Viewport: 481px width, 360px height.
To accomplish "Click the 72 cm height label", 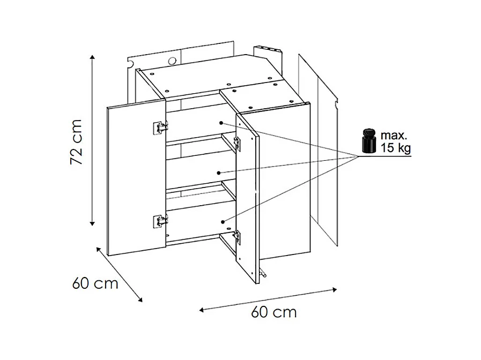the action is coord(76,142).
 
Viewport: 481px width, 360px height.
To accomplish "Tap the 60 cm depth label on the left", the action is coord(95,283).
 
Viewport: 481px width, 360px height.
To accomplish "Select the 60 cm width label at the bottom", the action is coord(274,312).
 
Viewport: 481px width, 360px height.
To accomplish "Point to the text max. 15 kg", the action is coord(396,141).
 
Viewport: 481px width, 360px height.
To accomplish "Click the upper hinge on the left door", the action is coord(160,127).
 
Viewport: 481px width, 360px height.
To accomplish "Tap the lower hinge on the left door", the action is coord(160,221).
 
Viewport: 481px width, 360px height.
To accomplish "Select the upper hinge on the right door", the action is coord(237,144).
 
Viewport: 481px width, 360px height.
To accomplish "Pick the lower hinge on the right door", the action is coord(237,237).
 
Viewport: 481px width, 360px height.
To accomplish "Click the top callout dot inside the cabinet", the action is coord(221,123).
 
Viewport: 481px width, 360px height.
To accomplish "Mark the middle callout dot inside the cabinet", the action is coord(218,173).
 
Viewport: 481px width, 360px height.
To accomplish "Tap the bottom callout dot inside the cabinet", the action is coord(223,221).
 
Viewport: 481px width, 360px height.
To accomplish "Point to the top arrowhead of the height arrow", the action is coord(93,58).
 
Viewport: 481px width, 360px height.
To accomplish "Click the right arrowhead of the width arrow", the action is coord(335,289).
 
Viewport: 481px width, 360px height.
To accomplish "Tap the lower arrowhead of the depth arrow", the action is coord(140,300).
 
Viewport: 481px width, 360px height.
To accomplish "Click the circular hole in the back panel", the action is coord(173,61).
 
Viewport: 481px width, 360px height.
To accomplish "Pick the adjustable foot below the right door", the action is coord(262,272).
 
